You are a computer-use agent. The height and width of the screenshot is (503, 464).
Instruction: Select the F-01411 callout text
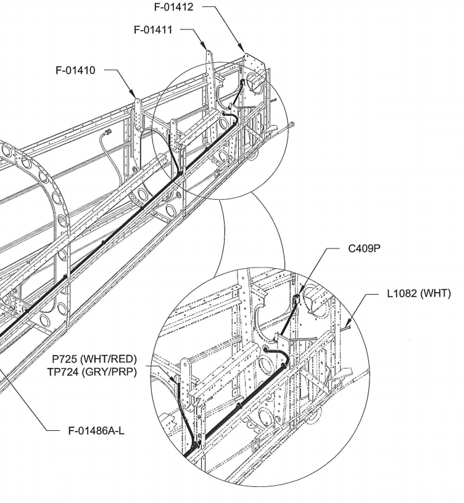[x=153, y=30]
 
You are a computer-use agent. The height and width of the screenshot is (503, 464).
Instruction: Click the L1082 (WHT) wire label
[x=418, y=294]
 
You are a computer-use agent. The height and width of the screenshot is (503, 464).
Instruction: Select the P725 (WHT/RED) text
[x=94, y=359]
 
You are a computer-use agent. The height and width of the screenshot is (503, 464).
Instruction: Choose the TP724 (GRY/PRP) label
[x=92, y=372]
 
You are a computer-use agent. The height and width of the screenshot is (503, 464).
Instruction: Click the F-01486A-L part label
[x=96, y=430]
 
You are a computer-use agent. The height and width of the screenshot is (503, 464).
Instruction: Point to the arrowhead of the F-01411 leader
[x=206, y=47]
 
